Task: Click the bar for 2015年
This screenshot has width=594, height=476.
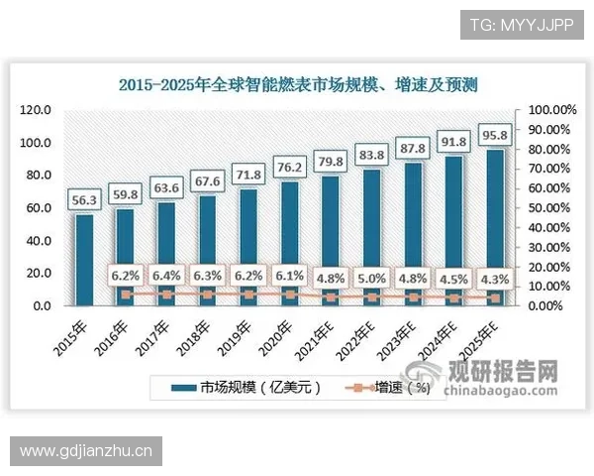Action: click(x=84, y=260)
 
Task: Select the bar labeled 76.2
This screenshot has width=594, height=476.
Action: click(x=288, y=243)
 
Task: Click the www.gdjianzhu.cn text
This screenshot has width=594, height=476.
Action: click(x=86, y=451)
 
